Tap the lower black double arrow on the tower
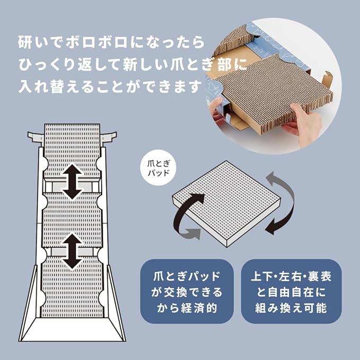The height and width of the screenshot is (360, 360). coord(72,251)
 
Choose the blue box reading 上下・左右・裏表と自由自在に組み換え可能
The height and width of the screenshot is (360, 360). coord(292,291)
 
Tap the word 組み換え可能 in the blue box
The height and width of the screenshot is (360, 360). coord(291,308)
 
